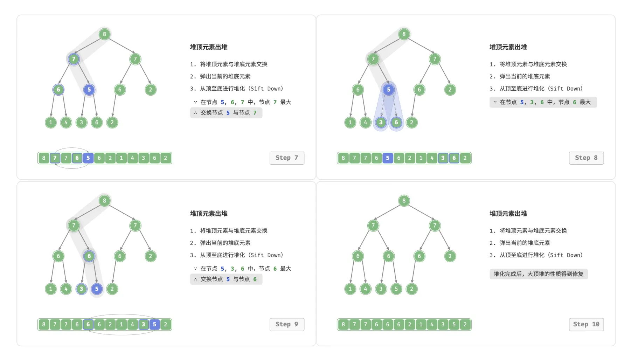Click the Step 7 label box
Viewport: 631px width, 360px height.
287,158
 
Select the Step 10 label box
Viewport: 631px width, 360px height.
586,324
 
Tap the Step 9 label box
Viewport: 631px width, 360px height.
287,324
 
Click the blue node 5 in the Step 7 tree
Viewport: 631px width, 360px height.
89,90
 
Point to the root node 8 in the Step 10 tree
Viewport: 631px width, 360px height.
404,201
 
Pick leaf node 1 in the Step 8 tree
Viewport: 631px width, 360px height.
350,123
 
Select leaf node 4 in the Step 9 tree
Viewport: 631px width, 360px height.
66,289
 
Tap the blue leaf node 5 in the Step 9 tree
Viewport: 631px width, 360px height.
97,289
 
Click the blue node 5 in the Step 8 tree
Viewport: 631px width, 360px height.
388,90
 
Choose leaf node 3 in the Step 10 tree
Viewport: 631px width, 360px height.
381,289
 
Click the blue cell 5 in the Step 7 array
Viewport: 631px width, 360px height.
88,158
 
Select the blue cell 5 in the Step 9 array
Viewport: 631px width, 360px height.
154,324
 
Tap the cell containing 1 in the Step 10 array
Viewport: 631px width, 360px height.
421,324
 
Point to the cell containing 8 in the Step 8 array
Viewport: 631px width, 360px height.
343,158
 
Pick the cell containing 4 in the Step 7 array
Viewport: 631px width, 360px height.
132,158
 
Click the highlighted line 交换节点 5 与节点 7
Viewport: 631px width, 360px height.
226,113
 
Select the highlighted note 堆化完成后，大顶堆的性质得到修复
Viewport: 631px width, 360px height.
539,274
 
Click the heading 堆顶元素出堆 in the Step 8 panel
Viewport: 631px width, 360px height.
508,47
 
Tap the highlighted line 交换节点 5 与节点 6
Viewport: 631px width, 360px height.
226,279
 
